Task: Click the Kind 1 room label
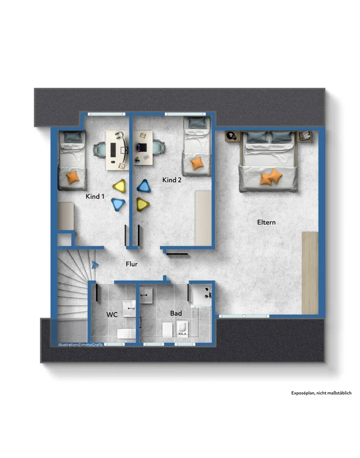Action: (x=95, y=196)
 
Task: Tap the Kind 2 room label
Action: (x=172, y=180)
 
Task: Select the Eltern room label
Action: (x=266, y=222)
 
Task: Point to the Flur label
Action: (x=131, y=264)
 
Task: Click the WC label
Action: (x=112, y=315)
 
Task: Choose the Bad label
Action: (x=176, y=313)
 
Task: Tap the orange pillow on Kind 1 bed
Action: (x=73, y=177)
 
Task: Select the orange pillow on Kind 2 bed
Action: (x=197, y=164)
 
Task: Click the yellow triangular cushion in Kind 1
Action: (x=120, y=186)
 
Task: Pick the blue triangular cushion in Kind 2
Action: (x=144, y=186)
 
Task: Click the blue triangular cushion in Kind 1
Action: (x=119, y=204)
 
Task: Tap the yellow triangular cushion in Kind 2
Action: (x=142, y=204)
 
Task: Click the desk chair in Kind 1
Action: (x=100, y=150)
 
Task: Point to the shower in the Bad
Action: (x=201, y=295)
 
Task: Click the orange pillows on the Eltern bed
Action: (x=271, y=177)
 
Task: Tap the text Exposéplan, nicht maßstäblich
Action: (x=321, y=393)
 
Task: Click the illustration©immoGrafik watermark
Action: (x=81, y=345)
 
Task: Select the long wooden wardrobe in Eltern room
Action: (x=310, y=273)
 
